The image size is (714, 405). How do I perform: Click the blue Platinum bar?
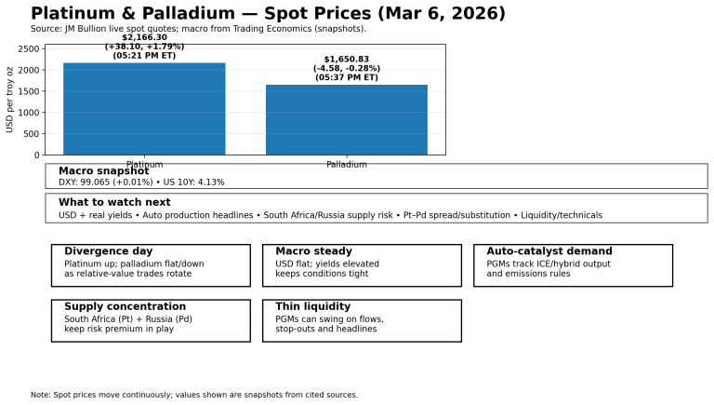pyautogui.click(x=144, y=109)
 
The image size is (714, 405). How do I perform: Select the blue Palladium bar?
pyautogui.click(x=347, y=119)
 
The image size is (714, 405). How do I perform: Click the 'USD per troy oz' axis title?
pyautogui.click(x=10, y=100)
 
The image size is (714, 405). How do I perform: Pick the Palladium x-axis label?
pyautogui.click(x=347, y=165)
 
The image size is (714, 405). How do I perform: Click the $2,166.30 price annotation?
pyautogui.click(x=144, y=38)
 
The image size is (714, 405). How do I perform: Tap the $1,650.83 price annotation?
pyautogui.click(x=347, y=60)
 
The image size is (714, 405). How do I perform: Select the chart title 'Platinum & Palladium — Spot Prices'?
pyautogui.click(x=268, y=14)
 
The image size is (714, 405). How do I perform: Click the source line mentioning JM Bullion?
pyautogui.click(x=198, y=29)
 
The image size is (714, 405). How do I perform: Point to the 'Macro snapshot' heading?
pyautogui.click(x=103, y=171)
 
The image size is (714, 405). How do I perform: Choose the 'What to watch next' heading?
pyautogui.click(x=114, y=202)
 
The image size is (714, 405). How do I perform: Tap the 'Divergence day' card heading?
pyautogui.click(x=108, y=251)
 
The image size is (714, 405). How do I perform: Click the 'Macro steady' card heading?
pyautogui.click(x=313, y=251)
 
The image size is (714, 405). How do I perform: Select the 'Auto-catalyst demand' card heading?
pyautogui.click(x=549, y=251)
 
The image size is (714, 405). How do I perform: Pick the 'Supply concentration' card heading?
pyautogui.click(x=125, y=306)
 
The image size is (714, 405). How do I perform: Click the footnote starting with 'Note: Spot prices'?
pyautogui.click(x=193, y=395)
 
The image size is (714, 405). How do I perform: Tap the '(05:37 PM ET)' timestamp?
pyautogui.click(x=347, y=77)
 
